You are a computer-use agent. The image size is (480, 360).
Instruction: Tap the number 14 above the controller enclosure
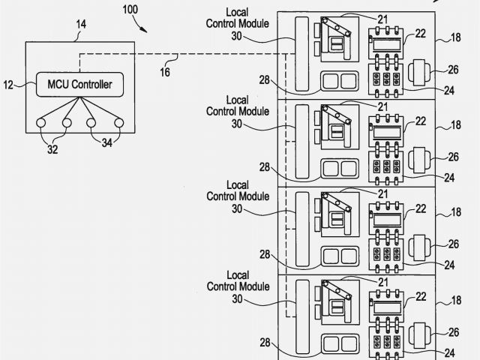(80, 24)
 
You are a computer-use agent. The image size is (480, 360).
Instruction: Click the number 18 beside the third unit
(456, 212)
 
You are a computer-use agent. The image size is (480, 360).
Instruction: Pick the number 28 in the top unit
(265, 79)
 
